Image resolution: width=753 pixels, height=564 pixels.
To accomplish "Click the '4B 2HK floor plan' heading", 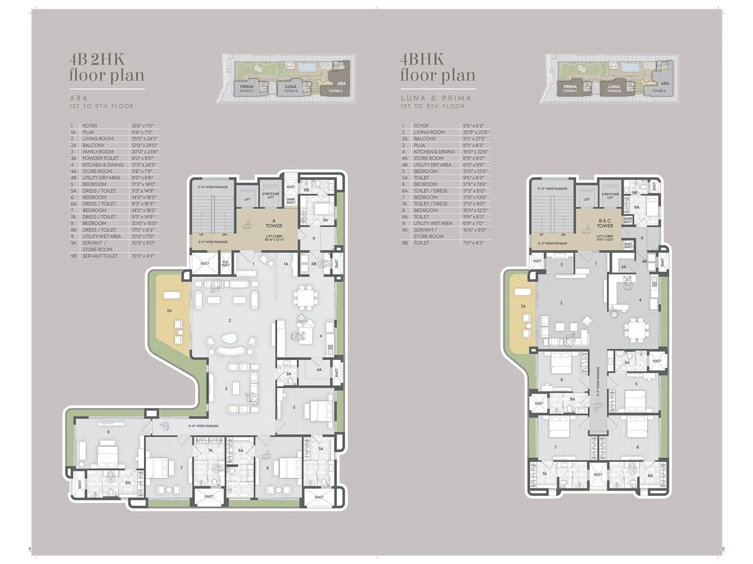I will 106,68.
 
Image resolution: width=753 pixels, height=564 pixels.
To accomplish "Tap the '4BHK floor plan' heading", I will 437,68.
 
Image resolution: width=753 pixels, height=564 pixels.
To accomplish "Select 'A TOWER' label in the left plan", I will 273,223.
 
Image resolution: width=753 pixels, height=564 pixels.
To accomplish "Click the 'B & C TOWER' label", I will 605,223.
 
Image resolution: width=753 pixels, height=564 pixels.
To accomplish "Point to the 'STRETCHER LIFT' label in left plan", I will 271,195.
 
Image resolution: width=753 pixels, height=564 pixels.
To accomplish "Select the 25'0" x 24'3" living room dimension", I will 144,139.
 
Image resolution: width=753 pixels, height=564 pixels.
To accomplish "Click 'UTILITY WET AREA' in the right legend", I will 433,223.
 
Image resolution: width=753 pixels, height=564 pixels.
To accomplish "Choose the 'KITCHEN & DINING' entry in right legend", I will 434,152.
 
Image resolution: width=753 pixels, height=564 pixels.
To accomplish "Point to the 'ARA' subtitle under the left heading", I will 79,98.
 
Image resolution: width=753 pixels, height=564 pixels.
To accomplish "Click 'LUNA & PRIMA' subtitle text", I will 436,98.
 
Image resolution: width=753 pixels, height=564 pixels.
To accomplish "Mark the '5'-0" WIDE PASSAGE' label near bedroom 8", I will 203,426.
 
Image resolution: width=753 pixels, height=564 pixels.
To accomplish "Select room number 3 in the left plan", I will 226,389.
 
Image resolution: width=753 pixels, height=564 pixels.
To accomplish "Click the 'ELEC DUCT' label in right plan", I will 628,245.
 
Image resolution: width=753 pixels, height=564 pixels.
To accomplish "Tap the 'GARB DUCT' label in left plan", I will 291,201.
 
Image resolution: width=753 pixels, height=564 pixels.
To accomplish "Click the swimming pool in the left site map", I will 307,67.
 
